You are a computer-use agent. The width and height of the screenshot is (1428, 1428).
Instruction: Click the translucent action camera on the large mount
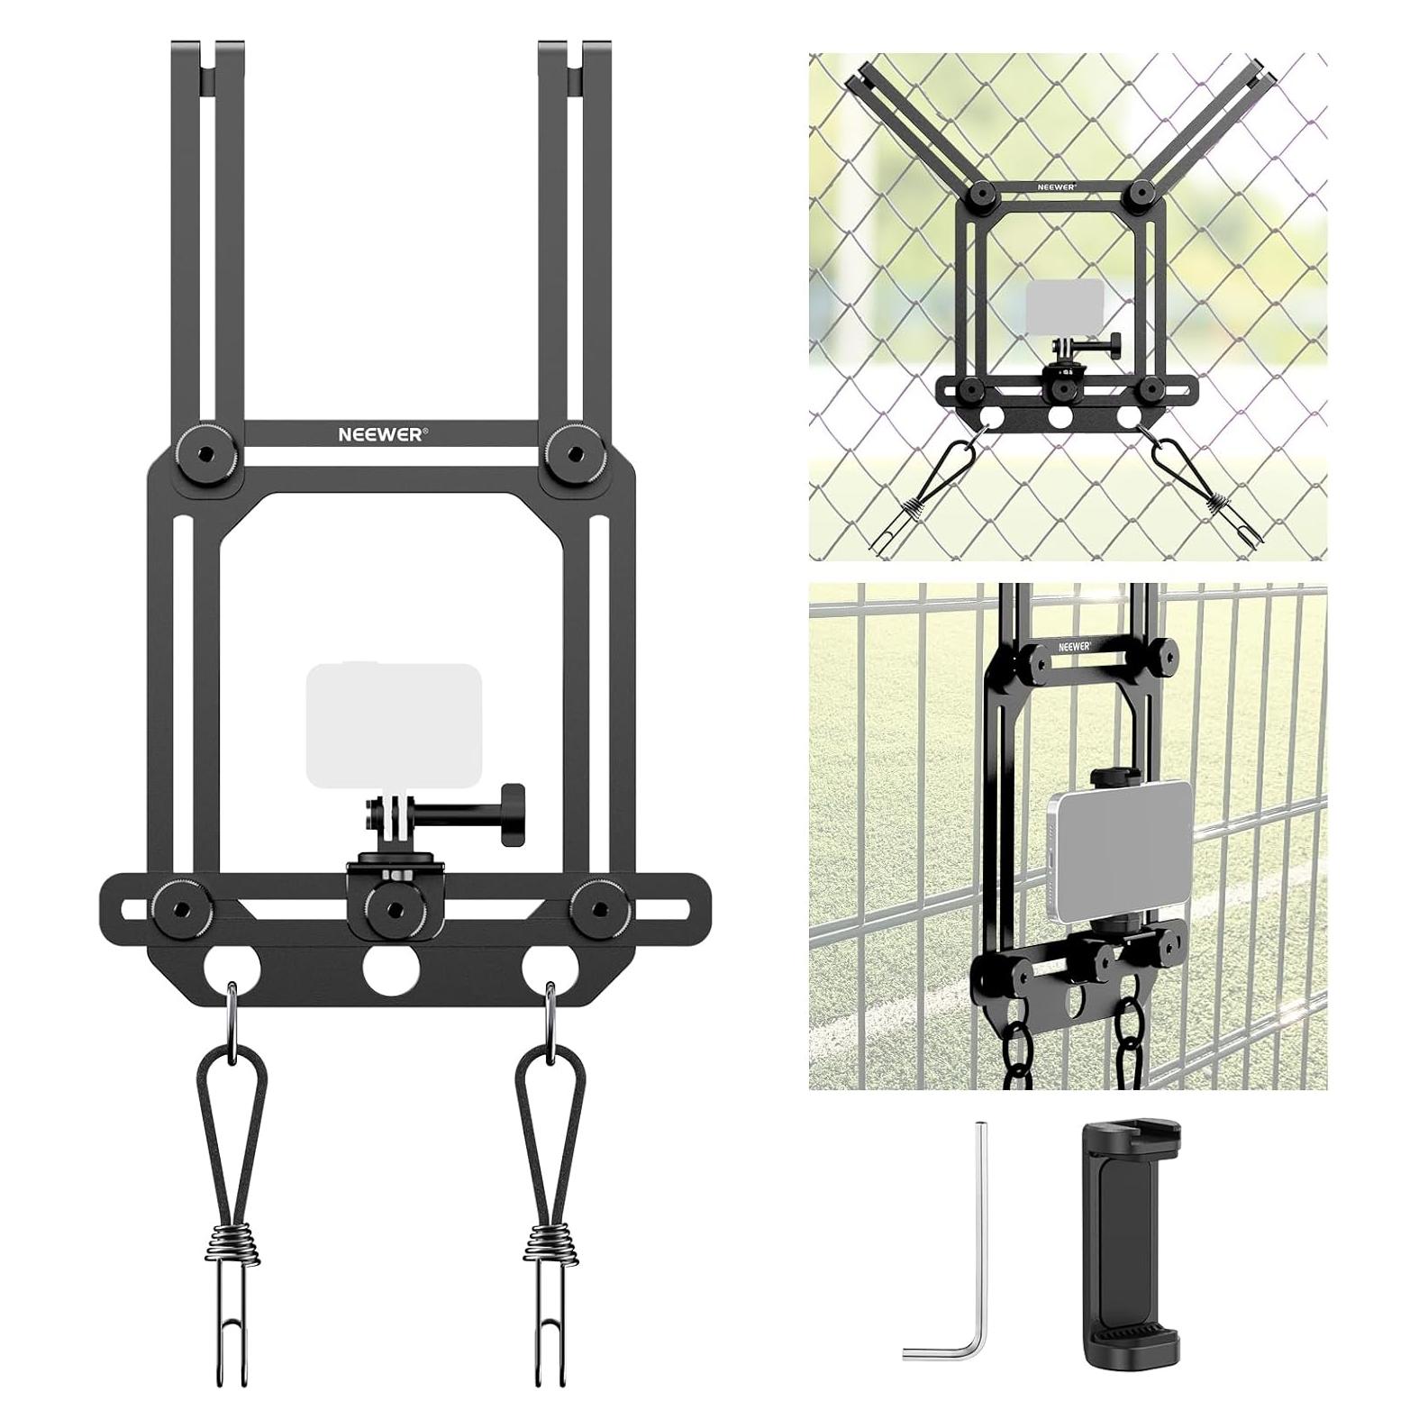(x=394, y=725)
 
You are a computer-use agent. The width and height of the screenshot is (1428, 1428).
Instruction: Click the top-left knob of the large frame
(x=197, y=444)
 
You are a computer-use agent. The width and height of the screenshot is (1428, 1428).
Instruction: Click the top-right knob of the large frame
(x=571, y=444)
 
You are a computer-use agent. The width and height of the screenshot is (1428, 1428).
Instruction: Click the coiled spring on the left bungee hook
(x=233, y=1246)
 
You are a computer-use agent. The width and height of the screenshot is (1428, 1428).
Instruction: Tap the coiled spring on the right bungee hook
(x=549, y=1246)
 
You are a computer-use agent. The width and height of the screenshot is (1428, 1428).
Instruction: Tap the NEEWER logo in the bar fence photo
(x=1075, y=646)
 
